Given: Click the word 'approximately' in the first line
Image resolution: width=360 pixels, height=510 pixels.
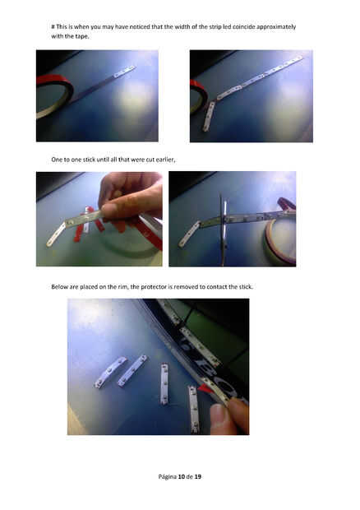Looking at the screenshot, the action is click(x=276, y=26).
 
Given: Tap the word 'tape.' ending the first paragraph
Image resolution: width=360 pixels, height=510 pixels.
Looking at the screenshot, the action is click(x=81, y=36).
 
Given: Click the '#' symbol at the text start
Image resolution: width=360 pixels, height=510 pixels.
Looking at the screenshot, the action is click(x=53, y=26).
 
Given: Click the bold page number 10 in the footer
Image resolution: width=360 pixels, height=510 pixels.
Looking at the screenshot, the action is click(x=182, y=476).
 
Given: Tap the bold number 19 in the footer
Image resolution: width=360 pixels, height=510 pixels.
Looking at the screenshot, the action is click(x=198, y=476).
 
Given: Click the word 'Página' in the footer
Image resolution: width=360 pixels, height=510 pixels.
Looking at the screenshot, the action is click(x=168, y=477).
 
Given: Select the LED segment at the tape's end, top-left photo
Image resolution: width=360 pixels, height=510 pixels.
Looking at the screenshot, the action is click(x=124, y=72).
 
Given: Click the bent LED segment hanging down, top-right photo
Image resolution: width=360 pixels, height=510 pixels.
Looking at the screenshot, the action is click(x=209, y=117).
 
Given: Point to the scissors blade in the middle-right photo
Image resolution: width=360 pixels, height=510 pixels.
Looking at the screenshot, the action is click(x=223, y=229).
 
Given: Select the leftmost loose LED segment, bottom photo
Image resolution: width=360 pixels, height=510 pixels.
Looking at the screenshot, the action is click(x=109, y=372).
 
